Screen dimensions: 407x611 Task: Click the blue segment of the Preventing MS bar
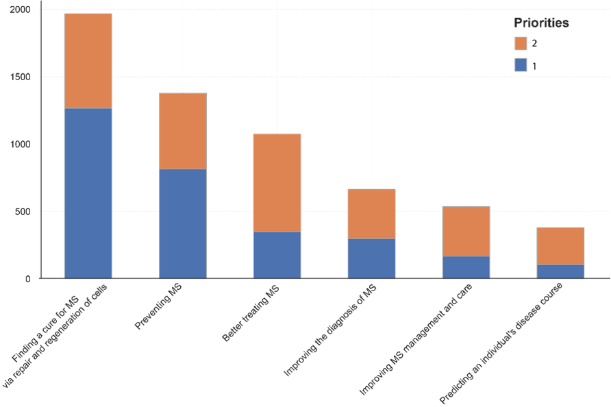pyautogui.click(x=183, y=223)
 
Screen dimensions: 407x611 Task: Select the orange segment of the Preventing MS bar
pyautogui.click(x=183, y=131)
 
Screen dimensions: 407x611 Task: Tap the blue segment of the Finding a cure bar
pyautogui.click(x=88, y=193)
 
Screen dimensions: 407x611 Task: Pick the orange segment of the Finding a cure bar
pyautogui.click(x=88, y=61)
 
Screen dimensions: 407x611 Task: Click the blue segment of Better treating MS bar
pyautogui.click(x=277, y=255)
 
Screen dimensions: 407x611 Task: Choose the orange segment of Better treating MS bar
pyautogui.click(x=277, y=183)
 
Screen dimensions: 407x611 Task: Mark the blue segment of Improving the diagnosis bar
pyautogui.click(x=371, y=258)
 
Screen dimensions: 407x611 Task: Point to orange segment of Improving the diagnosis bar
pyautogui.click(x=371, y=214)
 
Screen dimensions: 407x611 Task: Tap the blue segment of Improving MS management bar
pyautogui.click(x=466, y=267)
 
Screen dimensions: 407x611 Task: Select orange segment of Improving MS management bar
pyautogui.click(x=466, y=231)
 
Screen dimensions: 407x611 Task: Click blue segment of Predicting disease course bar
pyautogui.click(x=560, y=271)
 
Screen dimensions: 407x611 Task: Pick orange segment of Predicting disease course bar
pyautogui.click(x=560, y=246)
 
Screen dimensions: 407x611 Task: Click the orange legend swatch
pyautogui.click(x=521, y=44)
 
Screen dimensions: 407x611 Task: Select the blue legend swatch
pyautogui.click(x=521, y=65)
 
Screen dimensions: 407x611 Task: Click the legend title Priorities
pyautogui.click(x=541, y=23)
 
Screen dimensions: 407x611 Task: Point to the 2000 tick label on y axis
pyautogui.click(x=20, y=10)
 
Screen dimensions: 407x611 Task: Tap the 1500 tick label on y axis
pyautogui.click(x=20, y=77)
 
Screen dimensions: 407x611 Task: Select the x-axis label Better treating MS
pyautogui.click(x=251, y=312)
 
